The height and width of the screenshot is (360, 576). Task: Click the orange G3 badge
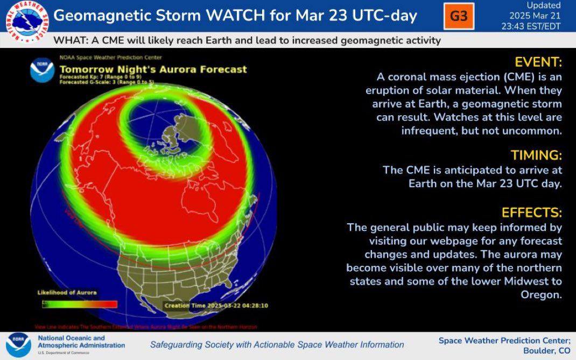tap(459, 16)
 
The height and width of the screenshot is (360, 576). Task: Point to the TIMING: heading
tap(536, 156)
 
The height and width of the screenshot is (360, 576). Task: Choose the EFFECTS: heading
tap(531, 212)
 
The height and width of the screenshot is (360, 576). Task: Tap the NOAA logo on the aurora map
tap(42, 70)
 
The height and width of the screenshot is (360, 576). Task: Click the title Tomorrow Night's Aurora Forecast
tap(153, 69)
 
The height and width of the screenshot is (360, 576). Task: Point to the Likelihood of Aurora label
tap(67, 292)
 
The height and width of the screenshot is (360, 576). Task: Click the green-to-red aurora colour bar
tap(80, 304)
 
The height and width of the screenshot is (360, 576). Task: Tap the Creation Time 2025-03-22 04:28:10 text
tap(216, 305)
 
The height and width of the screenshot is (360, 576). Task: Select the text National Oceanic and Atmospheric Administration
tap(81, 342)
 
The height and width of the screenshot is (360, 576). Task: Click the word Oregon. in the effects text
tap(541, 294)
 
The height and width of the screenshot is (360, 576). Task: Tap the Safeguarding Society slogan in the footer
tap(277, 344)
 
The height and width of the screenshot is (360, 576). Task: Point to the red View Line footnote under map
tap(145, 327)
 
